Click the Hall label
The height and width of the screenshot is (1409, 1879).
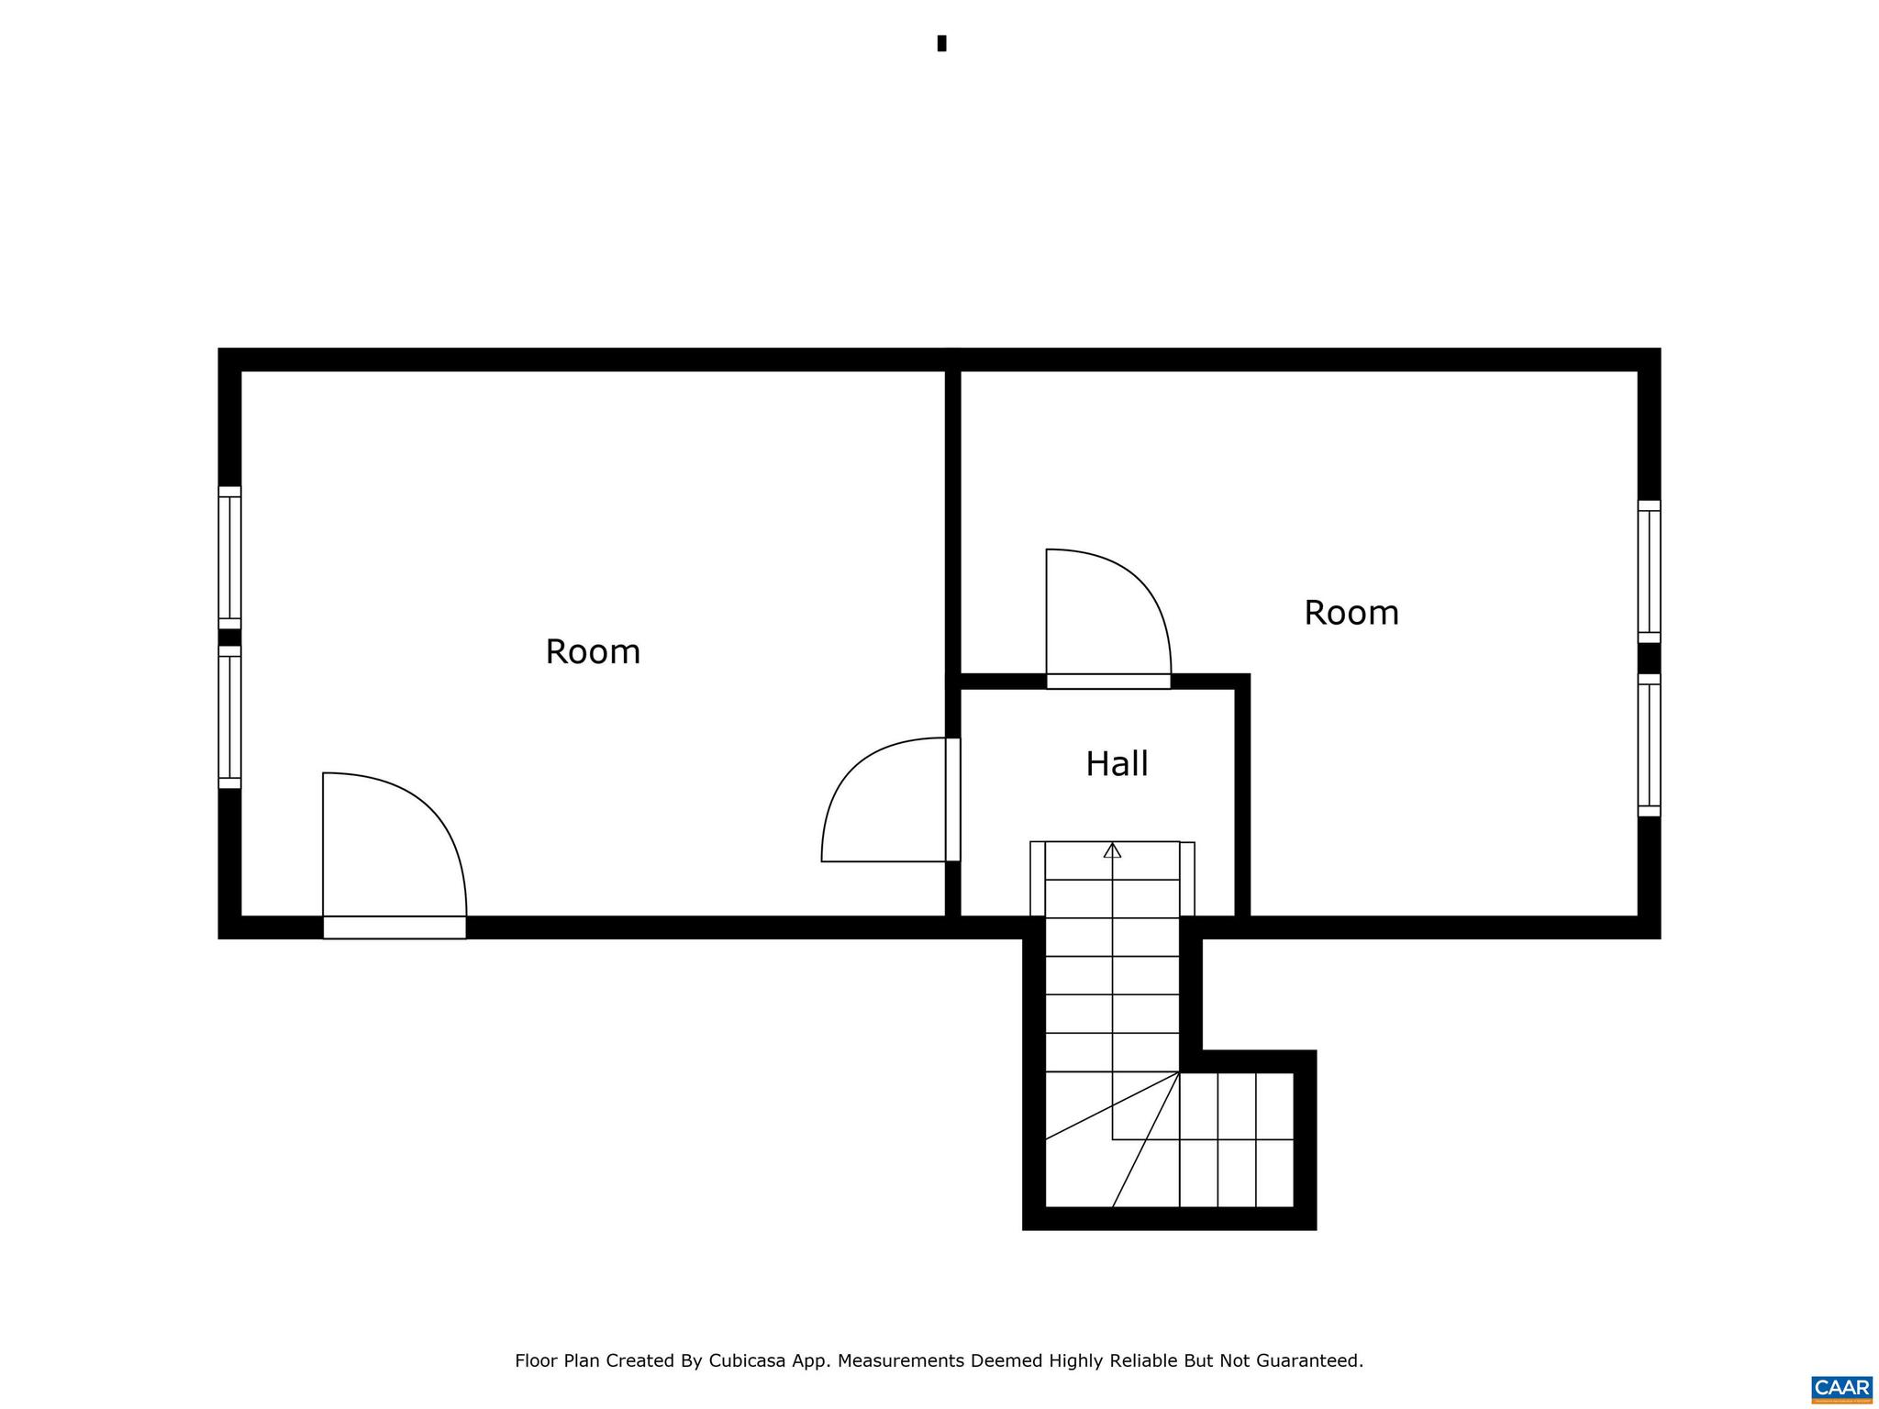coord(1117,764)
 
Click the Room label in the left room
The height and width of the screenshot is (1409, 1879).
coord(593,652)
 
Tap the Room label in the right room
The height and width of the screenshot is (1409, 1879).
coord(1351,613)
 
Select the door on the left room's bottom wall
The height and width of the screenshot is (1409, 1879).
coord(395,926)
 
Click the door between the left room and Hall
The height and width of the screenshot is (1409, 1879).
coord(952,800)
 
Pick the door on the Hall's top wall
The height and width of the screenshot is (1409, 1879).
coord(1108,681)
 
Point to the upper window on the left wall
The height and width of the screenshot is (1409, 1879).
coord(229,558)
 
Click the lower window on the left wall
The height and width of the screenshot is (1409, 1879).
coord(229,717)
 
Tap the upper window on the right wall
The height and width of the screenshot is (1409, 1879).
coord(1649,571)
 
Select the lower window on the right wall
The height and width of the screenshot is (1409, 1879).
coord(1649,746)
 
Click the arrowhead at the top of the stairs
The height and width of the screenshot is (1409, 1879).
coord(1112,850)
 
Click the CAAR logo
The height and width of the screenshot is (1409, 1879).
coord(1841,1389)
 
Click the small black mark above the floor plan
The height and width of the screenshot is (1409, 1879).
coord(941,43)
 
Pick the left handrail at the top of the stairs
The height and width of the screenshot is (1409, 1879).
coord(1038,878)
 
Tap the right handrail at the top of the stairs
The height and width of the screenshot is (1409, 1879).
coord(1187,878)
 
